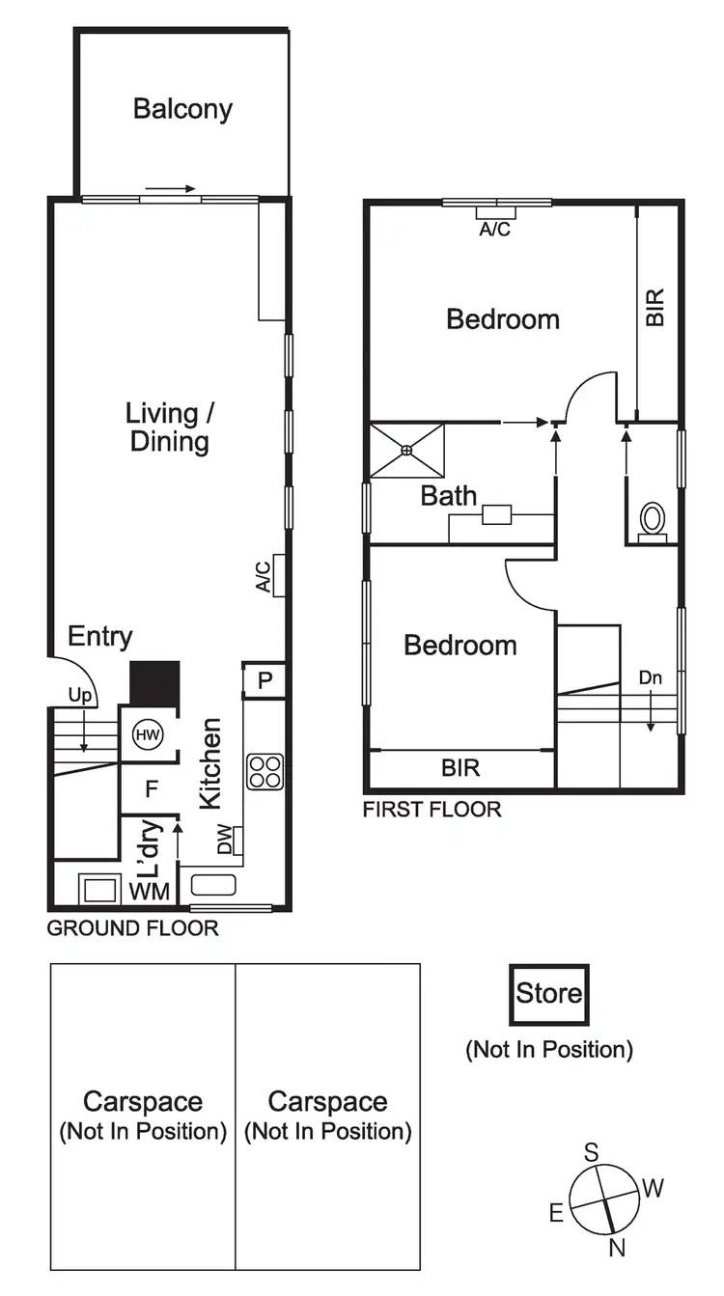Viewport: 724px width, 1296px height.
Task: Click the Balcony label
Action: pyautogui.click(x=182, y=108)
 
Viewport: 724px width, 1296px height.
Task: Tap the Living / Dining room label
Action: pyautogui.click(x=169, y=427)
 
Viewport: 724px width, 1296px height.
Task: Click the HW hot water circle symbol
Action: pyautogui.click(x=147, y=735)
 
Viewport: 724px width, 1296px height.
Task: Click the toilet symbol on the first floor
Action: pyautogui.click(x=653, y=522)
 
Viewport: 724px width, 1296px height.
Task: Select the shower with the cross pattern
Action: pyautogui.click(x=407, y=450)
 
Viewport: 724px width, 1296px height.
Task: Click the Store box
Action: pyautogui.click(x=548, y=994)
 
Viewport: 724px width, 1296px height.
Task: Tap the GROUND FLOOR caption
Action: pyautogui.click(x=133, y=928)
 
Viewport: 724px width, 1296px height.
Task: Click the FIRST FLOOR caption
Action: pyautogui.click(x=432, y=810)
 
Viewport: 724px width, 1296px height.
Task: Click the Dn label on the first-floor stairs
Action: pyautogui.click(x=650, y=677)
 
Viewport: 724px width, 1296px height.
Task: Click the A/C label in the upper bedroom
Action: pyautogui.click(x=496, y=231)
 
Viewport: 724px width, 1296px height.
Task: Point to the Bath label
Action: pyautogui.click(x=449, y=496)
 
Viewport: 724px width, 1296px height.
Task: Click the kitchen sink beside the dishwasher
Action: pyautogui.click(x=213, y=884)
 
